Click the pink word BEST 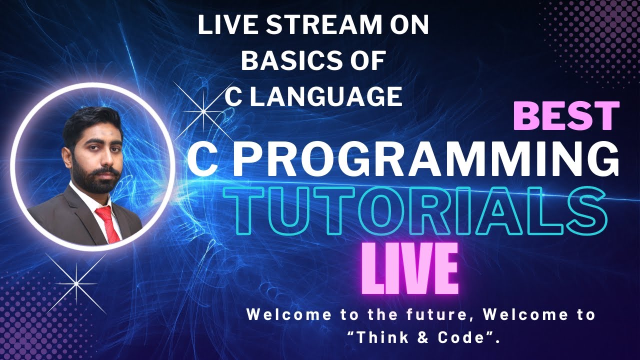[566, 116]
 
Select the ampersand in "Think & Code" [410, 338]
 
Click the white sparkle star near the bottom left [76, 283]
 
